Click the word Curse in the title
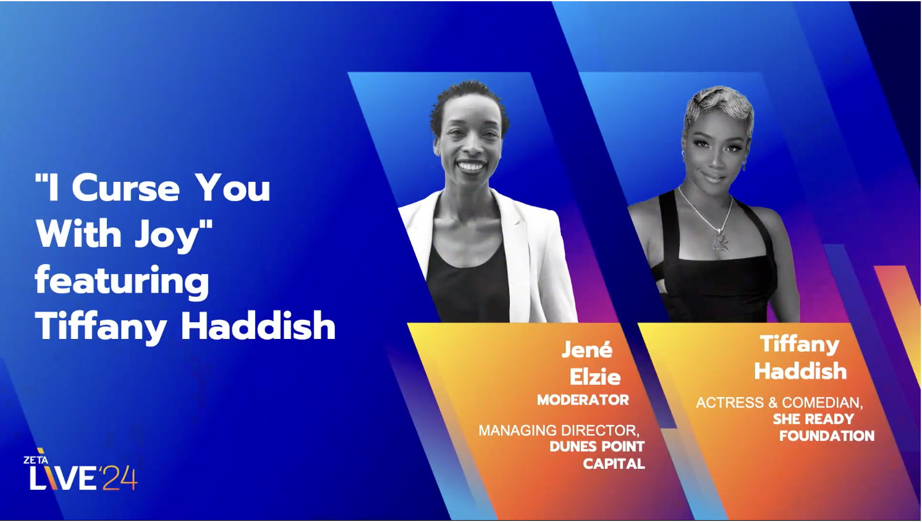click(x=125, y=188)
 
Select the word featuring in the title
click(x=122, y=281)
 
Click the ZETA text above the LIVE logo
click(x=35, y=460)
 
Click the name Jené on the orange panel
click(x=586, y=349)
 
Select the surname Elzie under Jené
click(x=594, y=377)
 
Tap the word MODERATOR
click(x=583, y=400)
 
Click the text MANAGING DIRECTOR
click(x=558, y=430)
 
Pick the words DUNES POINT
click(x=596, y=447)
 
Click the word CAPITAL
click(x=614, y=464)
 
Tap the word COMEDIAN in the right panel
click(x=822, y=403)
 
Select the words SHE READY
click(x=813, y=419)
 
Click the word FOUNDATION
click(x=826, y=436)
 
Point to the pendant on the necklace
click(x=720, y=239)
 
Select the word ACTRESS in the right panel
click(x=730, y=403)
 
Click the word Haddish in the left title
click(x=258, y=326)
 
